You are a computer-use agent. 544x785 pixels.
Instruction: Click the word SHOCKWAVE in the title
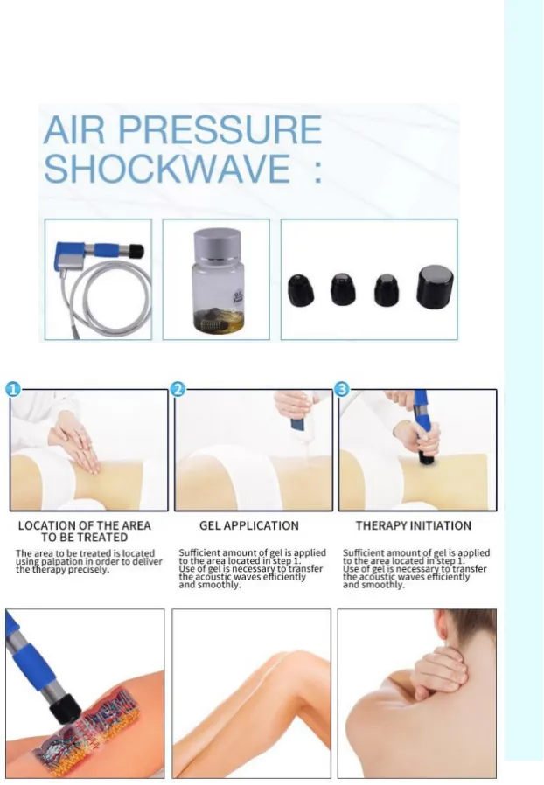(x=167, y=168)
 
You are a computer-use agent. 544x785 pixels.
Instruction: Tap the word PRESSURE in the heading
(x=220, y=129)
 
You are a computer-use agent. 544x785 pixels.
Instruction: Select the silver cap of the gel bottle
(x=217, y=246)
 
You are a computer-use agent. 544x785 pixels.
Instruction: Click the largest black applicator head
(x=436, y=287)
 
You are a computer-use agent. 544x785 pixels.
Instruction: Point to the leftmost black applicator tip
(x=301, y=290)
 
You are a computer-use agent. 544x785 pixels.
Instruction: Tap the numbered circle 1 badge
(x=13, y=389)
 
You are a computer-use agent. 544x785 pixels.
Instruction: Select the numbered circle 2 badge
(x=178, y=389)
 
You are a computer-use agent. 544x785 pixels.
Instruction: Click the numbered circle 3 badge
(x=342, y=389)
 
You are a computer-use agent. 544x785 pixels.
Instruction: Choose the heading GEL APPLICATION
(x=249, y=525)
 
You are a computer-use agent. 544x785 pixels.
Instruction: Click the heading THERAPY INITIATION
(x=414, y=525)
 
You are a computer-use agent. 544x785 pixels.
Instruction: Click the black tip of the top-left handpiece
(x=136, y=249)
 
